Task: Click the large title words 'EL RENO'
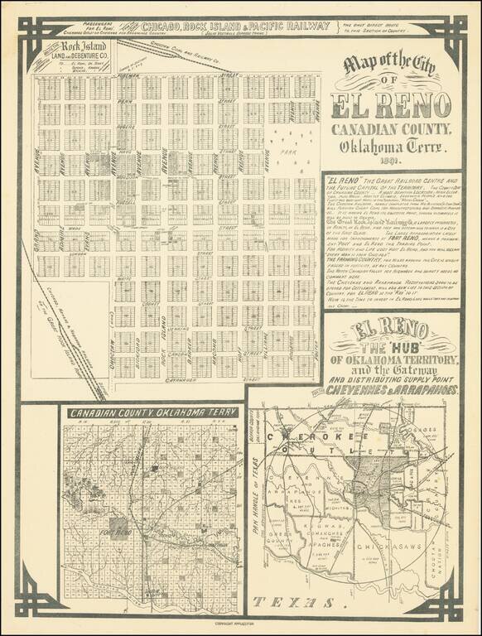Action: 390,106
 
